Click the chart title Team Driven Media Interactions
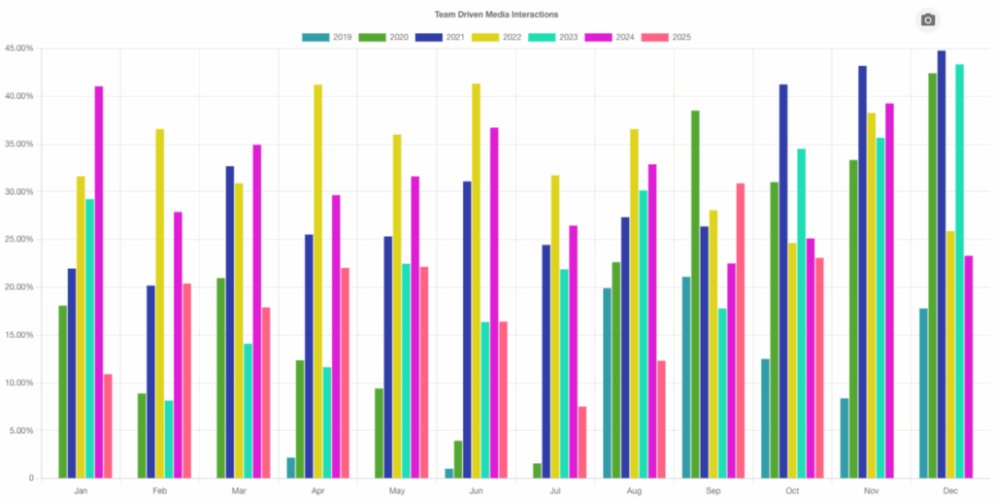click(496, 15)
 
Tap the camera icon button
click(927, 19)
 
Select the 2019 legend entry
click(327, 37)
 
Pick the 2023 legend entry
click(553, 37)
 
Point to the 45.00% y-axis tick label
click(19, 49)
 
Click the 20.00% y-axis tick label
click(19, 287)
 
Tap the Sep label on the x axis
click(713, 492)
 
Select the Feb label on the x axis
click(159, 492)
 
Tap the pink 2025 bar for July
click(582, 442)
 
